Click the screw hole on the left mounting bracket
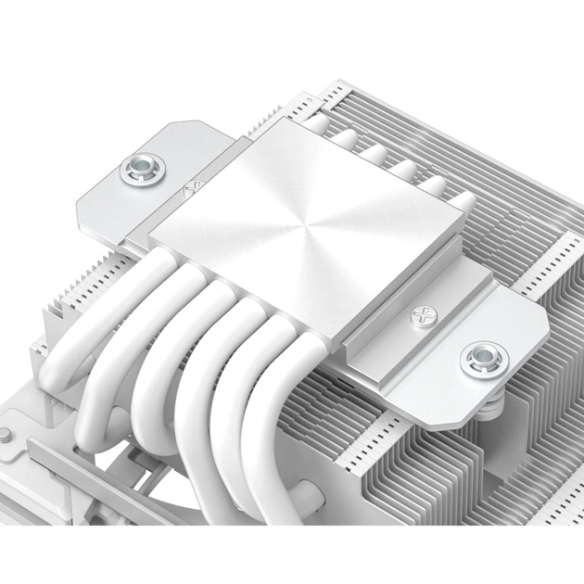pyautogui.click(x=143, y=169)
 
